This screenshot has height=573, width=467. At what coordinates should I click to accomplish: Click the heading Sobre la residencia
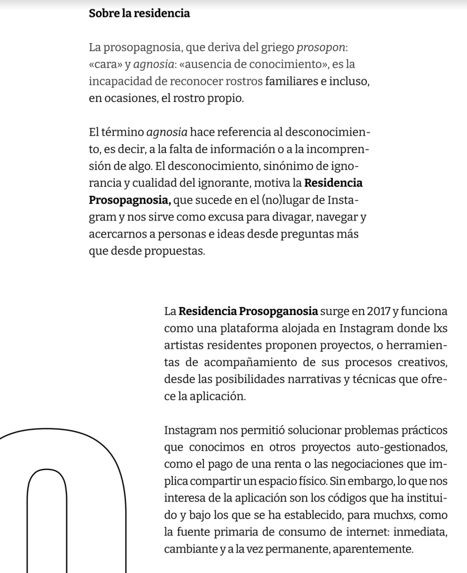(x=139, y=13)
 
